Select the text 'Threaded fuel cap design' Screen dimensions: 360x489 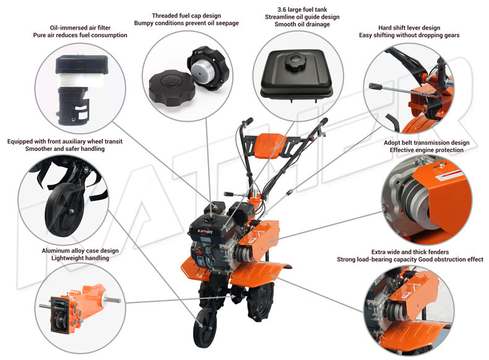[x=186, y=15]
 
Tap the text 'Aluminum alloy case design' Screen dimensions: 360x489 [x=80, y=251]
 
